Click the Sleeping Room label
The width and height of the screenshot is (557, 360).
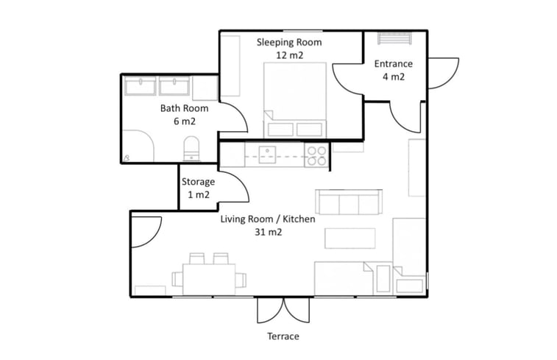pos(289,42)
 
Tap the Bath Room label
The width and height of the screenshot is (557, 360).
pos(184,108)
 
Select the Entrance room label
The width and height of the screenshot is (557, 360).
pos(393,64)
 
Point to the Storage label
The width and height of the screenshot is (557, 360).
pos(198,182)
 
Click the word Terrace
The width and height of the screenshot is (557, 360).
pos(283,336)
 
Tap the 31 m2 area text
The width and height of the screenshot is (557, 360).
pos(268,233)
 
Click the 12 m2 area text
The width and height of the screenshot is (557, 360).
pos(289,55)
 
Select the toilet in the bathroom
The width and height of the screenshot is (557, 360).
pos(191,149)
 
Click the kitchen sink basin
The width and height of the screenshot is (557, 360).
pos(267,155)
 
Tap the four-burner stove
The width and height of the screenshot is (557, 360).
pos(316,156)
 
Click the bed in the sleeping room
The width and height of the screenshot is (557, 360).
pos(295,100)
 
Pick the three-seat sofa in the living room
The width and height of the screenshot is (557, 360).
pos(349,202)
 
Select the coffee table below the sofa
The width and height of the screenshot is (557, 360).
pos(350,239)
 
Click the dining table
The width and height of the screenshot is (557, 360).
pos(209,279)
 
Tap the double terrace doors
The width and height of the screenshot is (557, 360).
pos(283,310)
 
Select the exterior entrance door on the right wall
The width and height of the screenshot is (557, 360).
pos(444,73)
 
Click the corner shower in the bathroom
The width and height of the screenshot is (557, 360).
pos(138,146)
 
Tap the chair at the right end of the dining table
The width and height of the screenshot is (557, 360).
pos(241,279)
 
